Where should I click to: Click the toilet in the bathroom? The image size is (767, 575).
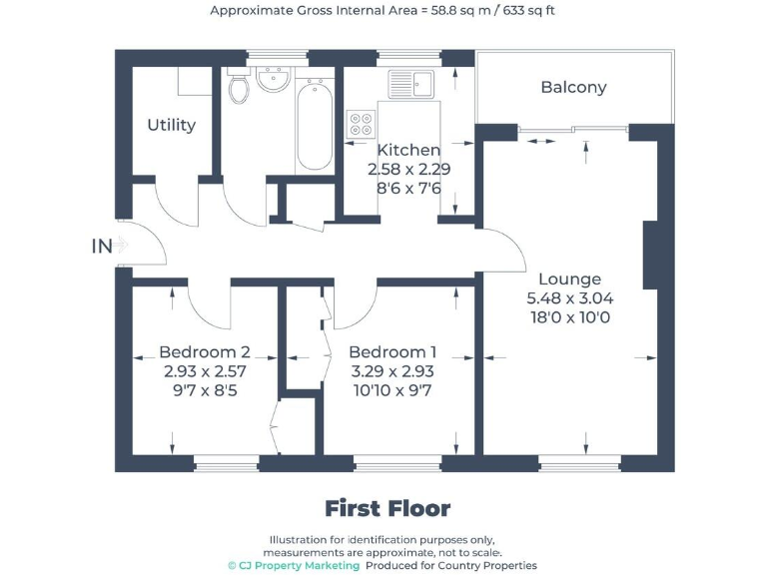click(239, 88)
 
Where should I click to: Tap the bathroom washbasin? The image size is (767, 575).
click(273, 79)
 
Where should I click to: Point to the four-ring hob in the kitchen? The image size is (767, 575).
click(360, 123)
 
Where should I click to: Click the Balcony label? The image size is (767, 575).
click(573, 87)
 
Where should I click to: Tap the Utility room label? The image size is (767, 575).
click(172, 125)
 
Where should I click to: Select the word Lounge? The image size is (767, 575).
click(569, 279)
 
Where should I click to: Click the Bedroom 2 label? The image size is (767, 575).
click(204, 351)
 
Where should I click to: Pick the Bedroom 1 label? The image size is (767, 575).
click(392, 351)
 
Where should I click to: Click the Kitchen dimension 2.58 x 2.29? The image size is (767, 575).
click(409, 169)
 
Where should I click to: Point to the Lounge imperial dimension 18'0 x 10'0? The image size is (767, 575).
click(569, 317)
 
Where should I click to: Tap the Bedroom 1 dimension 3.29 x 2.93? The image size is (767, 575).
click(392, 370)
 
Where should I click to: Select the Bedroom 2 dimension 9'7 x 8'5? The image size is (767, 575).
click(204, 389)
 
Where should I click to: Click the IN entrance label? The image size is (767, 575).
click(102, 246)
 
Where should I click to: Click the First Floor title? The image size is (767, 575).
click(387, 508)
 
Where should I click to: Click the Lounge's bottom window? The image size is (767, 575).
click(579, 463)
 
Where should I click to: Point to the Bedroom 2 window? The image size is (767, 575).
click(226, 463)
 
